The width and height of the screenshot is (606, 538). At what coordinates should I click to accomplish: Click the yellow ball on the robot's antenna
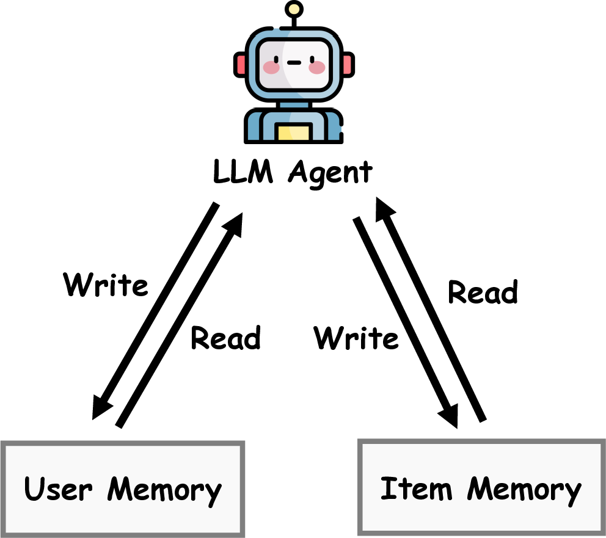click(x=294, y=9)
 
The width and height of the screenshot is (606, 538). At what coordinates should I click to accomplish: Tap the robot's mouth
click(x=294, y=62)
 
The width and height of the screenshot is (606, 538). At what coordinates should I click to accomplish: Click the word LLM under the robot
click(x=242, y=172)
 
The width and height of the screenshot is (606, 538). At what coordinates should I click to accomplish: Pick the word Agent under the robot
click(x=330, y=173)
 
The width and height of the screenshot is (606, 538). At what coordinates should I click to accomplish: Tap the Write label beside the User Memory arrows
click(x=106, y=285)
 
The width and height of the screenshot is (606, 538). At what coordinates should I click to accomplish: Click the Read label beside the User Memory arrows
click(x=225, y=337)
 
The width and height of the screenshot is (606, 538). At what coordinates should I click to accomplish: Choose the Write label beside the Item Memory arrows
click(x=356, y=338)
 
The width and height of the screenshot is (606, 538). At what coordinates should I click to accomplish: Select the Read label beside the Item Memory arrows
click(x=483, y=292)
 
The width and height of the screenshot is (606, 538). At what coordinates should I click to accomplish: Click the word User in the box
click(x=58, y=489)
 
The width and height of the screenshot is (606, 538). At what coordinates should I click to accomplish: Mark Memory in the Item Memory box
click(x=524, y=490)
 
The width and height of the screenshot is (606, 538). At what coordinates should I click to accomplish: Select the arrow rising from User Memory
click(x=180, y=318)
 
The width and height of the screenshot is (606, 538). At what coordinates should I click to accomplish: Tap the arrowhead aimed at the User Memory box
click(x=101, y=405)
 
